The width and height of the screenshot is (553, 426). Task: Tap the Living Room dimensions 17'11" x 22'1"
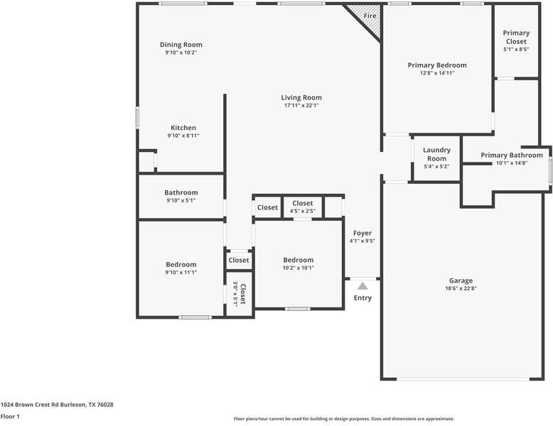pyautogui.click(x=301, y=106)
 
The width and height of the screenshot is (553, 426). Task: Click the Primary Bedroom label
pyautogui.click(x=437, y=65)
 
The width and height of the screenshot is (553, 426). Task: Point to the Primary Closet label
pyautogui.click(x=515, y=37)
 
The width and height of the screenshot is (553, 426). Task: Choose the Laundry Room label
pyautogui.click(x=436, y=154)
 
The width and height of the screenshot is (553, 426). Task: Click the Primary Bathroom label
pyautogui.click(x=511, y=155)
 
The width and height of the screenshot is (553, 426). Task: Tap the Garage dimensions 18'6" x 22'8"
pyautogui.click(x=461, y=288)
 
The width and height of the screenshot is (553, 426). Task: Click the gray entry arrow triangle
pyautogui.click(x=363, y=285)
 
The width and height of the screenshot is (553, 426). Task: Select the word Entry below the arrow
pyautogui.click(x=363, y=297)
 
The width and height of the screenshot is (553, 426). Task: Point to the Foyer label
pyautogui.click(x=363, y=233)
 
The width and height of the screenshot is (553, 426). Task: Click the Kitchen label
pyautogui.click(x=183, y=128)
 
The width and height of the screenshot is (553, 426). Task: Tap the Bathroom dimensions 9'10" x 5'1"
pyautogui.click(x=181, y=200)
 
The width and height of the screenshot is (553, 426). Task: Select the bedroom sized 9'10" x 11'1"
pyautogui.click(x=181, y=268)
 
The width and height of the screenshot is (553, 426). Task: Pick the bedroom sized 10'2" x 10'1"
pyautogui.click(x=298, y=263)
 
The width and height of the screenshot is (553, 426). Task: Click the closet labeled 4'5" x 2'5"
pyautogui.click(x=302, y=207)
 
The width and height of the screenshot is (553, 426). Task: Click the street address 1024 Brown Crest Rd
pyautogui.click(x=57, y=405)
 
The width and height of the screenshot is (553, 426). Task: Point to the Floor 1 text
pyautogui.click(x=10, y=417)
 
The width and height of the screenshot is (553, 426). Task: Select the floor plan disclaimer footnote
pyautogui.click(x=344, y=419)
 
